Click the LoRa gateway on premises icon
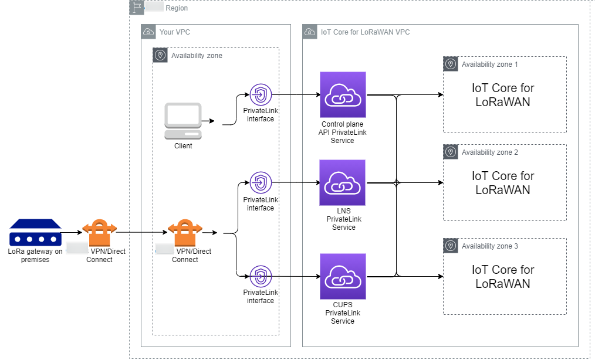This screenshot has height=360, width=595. pos(35,233)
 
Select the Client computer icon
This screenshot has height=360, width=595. pos(183,121)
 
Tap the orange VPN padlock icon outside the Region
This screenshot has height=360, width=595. pos(99,233)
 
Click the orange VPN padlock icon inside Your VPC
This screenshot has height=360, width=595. pos(185,233)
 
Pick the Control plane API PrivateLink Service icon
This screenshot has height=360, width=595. pos(343,95)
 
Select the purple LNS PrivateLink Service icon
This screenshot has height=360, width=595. pos(343,183)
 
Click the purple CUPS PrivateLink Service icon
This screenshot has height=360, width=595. pos(343,277)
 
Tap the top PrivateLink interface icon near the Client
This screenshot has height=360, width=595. pos(261,95)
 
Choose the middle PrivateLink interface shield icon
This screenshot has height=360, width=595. pos(261,183)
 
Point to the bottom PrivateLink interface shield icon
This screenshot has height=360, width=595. pos(261,276)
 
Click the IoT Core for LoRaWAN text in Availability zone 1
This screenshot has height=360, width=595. pos(503,95)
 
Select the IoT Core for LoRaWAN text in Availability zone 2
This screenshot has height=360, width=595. pos(503,183)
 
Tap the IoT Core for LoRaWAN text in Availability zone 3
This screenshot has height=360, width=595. pos(503,277)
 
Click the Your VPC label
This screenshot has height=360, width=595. pos(174,32)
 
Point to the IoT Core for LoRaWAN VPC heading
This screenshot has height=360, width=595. pos(365,32)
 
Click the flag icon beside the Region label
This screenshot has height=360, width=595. pos(136,8)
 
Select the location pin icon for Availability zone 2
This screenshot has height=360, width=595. pos(451,152)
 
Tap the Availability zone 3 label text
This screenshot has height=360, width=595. pos(489,246)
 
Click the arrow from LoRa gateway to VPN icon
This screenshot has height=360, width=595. pos(72,233)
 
